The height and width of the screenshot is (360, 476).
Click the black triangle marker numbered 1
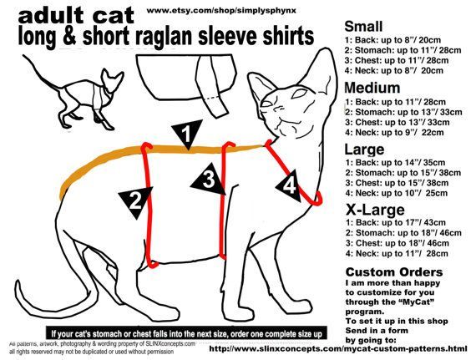pos(187,134)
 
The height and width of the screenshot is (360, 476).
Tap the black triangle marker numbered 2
pos(136,201)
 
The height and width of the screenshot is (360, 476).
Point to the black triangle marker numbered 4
pos(289,185)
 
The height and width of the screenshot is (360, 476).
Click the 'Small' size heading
pos(363,27)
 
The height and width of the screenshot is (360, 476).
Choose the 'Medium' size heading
pos(372,88)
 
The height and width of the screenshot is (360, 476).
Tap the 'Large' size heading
pos(364,150)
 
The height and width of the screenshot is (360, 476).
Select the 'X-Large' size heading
pos(375,210)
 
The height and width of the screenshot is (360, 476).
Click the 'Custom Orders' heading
pos(394,272)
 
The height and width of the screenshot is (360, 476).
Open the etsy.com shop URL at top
pos(221,10)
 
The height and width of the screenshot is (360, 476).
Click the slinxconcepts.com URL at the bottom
pos(338,348)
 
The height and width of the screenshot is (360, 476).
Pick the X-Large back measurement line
pos(396,222)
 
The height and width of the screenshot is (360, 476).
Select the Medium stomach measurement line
pos(403,112)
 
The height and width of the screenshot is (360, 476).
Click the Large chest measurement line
pos(397,183)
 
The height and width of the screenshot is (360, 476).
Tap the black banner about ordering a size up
pos(186,333)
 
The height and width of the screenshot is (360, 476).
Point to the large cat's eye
pos(299,94)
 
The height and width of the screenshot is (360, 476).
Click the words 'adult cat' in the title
pos(76,16)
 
